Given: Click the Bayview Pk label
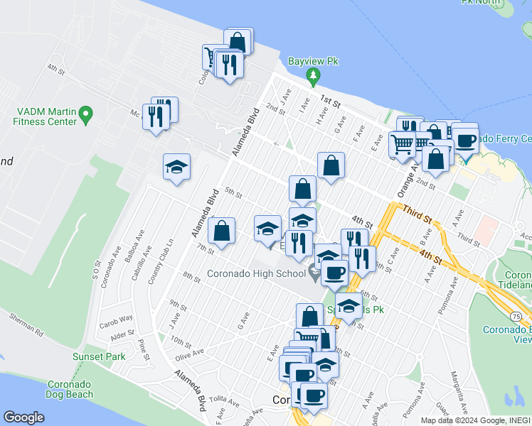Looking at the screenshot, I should click(x=313, y=62).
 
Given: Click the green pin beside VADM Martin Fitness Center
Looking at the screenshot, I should click(x=86, y=114).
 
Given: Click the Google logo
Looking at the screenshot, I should click(x=24, y=417).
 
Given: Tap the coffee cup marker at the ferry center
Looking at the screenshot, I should click(x=466, y=139).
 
